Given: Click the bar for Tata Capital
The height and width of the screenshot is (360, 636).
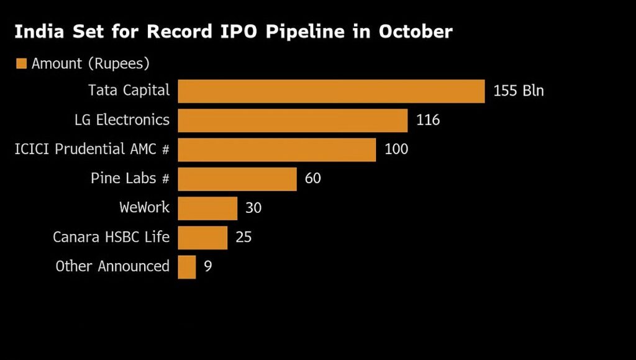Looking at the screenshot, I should pyautogui.click(x=331, y=91).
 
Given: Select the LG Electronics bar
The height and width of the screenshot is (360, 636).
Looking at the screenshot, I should pyautogui.click(x=293, y=120).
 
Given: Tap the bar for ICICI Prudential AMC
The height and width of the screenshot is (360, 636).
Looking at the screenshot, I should pyautogui.click(x=276, y=150).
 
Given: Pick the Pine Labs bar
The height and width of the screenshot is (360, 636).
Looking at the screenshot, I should pyautogui.click(x=237, y=179).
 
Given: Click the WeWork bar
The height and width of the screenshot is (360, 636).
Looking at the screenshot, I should pyautogui.click(x=207, y=208).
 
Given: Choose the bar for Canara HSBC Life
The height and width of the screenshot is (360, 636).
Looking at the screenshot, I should pyautogui.click(x=202, y=237).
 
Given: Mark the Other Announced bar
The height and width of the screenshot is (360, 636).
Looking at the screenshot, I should pyautogui.click(x=186, y=267).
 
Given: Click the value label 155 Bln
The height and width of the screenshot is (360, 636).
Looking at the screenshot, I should pyautogui.click(x=519, y=91).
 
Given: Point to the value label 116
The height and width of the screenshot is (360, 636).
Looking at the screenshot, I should pyautogui.click(x=428, y=120).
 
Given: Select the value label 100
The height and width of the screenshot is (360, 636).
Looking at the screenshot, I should pyautogui.click(x=396, y=150).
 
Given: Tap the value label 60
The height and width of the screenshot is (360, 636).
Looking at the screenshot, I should pyautogui.click(x=313, y=179).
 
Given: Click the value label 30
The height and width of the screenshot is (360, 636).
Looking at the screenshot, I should pyautogui.click(x=253, y=208).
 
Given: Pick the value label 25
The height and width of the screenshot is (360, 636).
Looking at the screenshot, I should pyautogui.click(x=243, y=237).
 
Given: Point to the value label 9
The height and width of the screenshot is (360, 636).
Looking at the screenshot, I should pyautogui.click(x=208, y=267).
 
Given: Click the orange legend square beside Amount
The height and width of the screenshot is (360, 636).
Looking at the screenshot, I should pyautogui.click(x=22, y=63).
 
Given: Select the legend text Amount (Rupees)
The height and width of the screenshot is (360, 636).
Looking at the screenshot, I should pyautogui.click(x=91, y=63).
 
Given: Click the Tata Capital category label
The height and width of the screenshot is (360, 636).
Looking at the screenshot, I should pyautogui.click(x=129, y=91).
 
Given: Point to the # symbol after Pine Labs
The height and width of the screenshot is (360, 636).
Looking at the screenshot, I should pyautogui.click(x=165, y=179).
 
